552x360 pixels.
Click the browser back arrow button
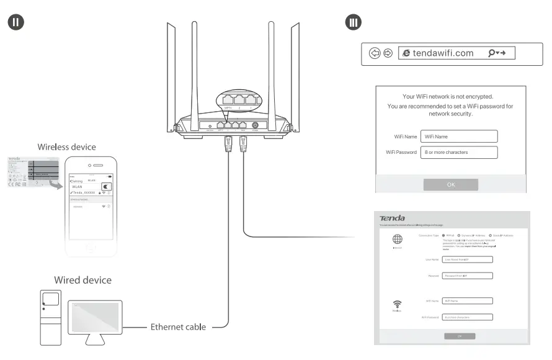pos(375,53)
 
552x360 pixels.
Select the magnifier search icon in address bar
pos(492,53)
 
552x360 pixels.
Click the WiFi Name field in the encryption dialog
pos(459,137)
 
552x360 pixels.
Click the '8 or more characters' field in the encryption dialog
pos(459,152)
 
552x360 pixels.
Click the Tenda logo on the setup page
pos(392,218)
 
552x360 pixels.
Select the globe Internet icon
pos(397,239)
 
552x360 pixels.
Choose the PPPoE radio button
pos(443,236)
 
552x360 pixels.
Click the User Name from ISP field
pos(468,259)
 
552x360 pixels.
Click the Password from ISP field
pos(468,276)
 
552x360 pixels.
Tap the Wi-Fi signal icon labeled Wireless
pos(397,304)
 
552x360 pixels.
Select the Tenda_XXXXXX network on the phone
pos(84,193)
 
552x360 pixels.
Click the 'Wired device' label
pos(82,280)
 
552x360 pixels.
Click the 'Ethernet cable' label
pos(178,326)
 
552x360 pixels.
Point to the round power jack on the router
pos(255,125)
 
